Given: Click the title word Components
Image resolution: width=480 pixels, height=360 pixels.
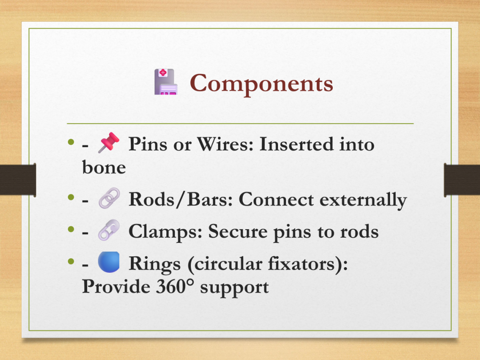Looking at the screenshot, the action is click(262, 83).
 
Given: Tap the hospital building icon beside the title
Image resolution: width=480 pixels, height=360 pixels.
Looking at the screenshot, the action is click(166, 82).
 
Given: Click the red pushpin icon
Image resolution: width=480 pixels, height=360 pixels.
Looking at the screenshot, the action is click(109, 142).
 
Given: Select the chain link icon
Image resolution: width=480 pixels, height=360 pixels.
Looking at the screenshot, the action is click(109, 198).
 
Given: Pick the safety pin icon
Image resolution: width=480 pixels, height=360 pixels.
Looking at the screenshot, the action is click(109, 230).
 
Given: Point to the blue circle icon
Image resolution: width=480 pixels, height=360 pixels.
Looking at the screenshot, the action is click(109, 262).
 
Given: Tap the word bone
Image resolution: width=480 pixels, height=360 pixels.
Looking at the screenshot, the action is click(104, 167).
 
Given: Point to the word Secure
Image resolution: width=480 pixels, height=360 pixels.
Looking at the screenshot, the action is click(238, 232).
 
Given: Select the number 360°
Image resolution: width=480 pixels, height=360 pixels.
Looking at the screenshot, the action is click(175, 287).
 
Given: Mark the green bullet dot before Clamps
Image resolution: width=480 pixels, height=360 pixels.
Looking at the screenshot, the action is click(71, 229).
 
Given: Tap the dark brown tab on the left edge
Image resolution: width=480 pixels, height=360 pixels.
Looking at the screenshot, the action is click(18, 180).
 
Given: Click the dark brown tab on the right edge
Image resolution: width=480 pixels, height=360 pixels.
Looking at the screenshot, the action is click(462, 180).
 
